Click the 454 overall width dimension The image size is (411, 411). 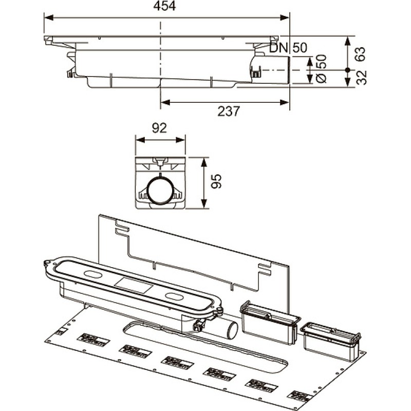pyautogui.click(x=165, y=7)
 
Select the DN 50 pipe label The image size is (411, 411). pyautogui.click(x=289, y=48)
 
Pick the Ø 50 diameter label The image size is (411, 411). pyautogui.click(x=321, y=69)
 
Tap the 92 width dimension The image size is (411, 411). pyautogui.click(x=160, y=128)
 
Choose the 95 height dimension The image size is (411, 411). pyautogui.click(x=216, y=182)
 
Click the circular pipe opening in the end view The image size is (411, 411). pyautogui.click(x=159, y=191)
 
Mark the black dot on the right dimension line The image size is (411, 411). pyautogui.click(x=348, y=69)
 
